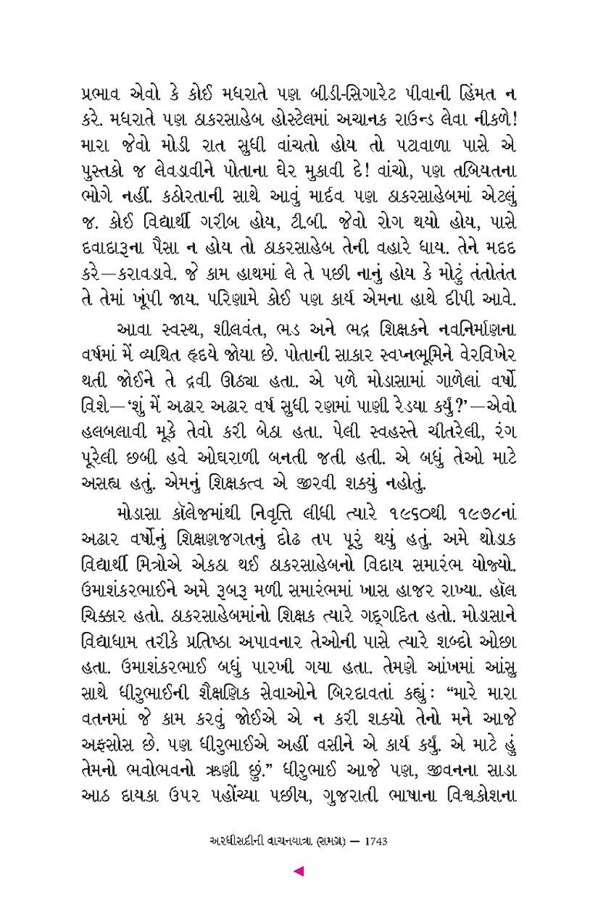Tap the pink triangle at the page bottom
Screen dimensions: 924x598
(x=300, y=872)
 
